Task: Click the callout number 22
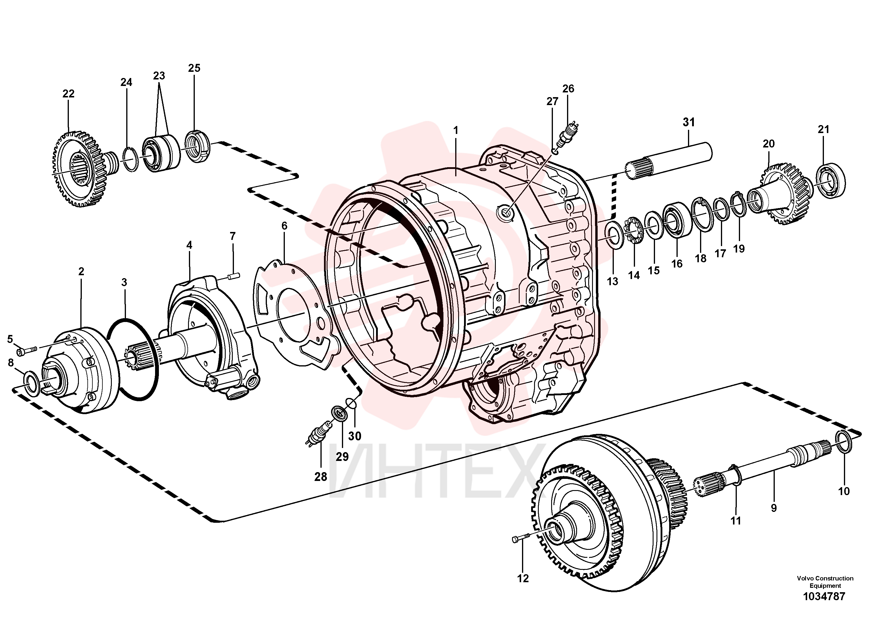[x=68, y=94]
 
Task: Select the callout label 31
[x=689, y=122]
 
